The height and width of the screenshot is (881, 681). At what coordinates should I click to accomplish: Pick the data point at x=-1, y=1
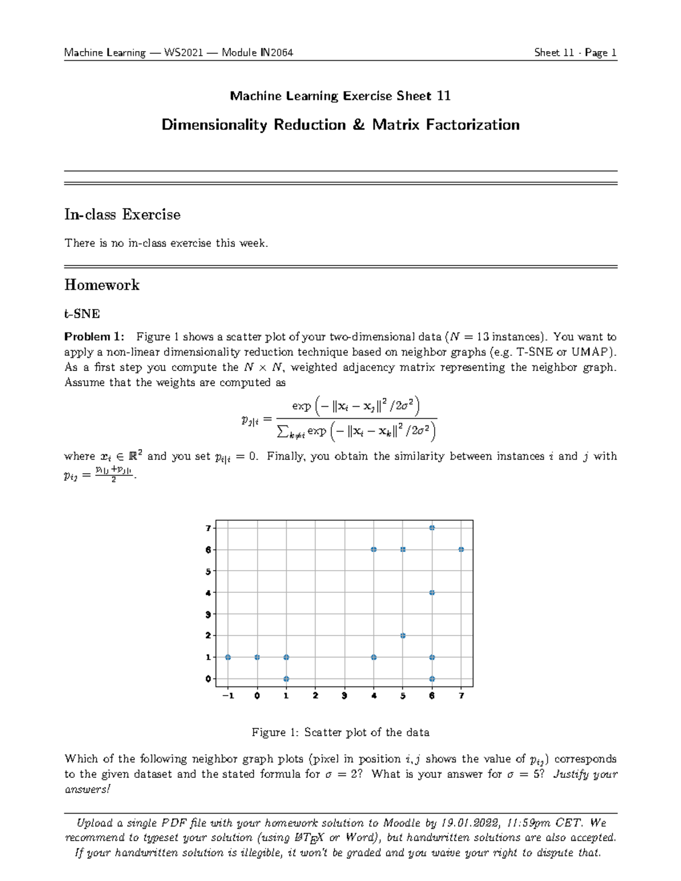pyautogui.click(x=228, y=657)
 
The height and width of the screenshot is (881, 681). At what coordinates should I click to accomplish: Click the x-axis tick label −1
pyautogui.click(x=228, y=695)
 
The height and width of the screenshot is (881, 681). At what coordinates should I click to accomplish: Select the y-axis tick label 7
pyautogui.click(x=208, y=528)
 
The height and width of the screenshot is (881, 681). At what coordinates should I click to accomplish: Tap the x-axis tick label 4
pyautogui.click(x=373, y=695)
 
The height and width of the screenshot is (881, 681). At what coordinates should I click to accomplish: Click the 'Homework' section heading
pyautogui.click(x=102, y=285)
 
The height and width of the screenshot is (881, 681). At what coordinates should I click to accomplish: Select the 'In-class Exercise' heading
pyautogui.click(x=123, y=214)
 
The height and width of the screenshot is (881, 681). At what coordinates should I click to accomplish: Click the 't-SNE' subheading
pyautogui.click(x=82, y=314)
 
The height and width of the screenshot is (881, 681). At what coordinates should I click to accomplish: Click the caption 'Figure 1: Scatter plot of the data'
pyautogui.click(x=340, y=732)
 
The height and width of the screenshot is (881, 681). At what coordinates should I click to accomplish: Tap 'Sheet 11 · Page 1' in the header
pyautogui.click(x=575, y=53)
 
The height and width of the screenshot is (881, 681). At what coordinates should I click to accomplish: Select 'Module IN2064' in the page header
pyautogui.click(x=257, y=53)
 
